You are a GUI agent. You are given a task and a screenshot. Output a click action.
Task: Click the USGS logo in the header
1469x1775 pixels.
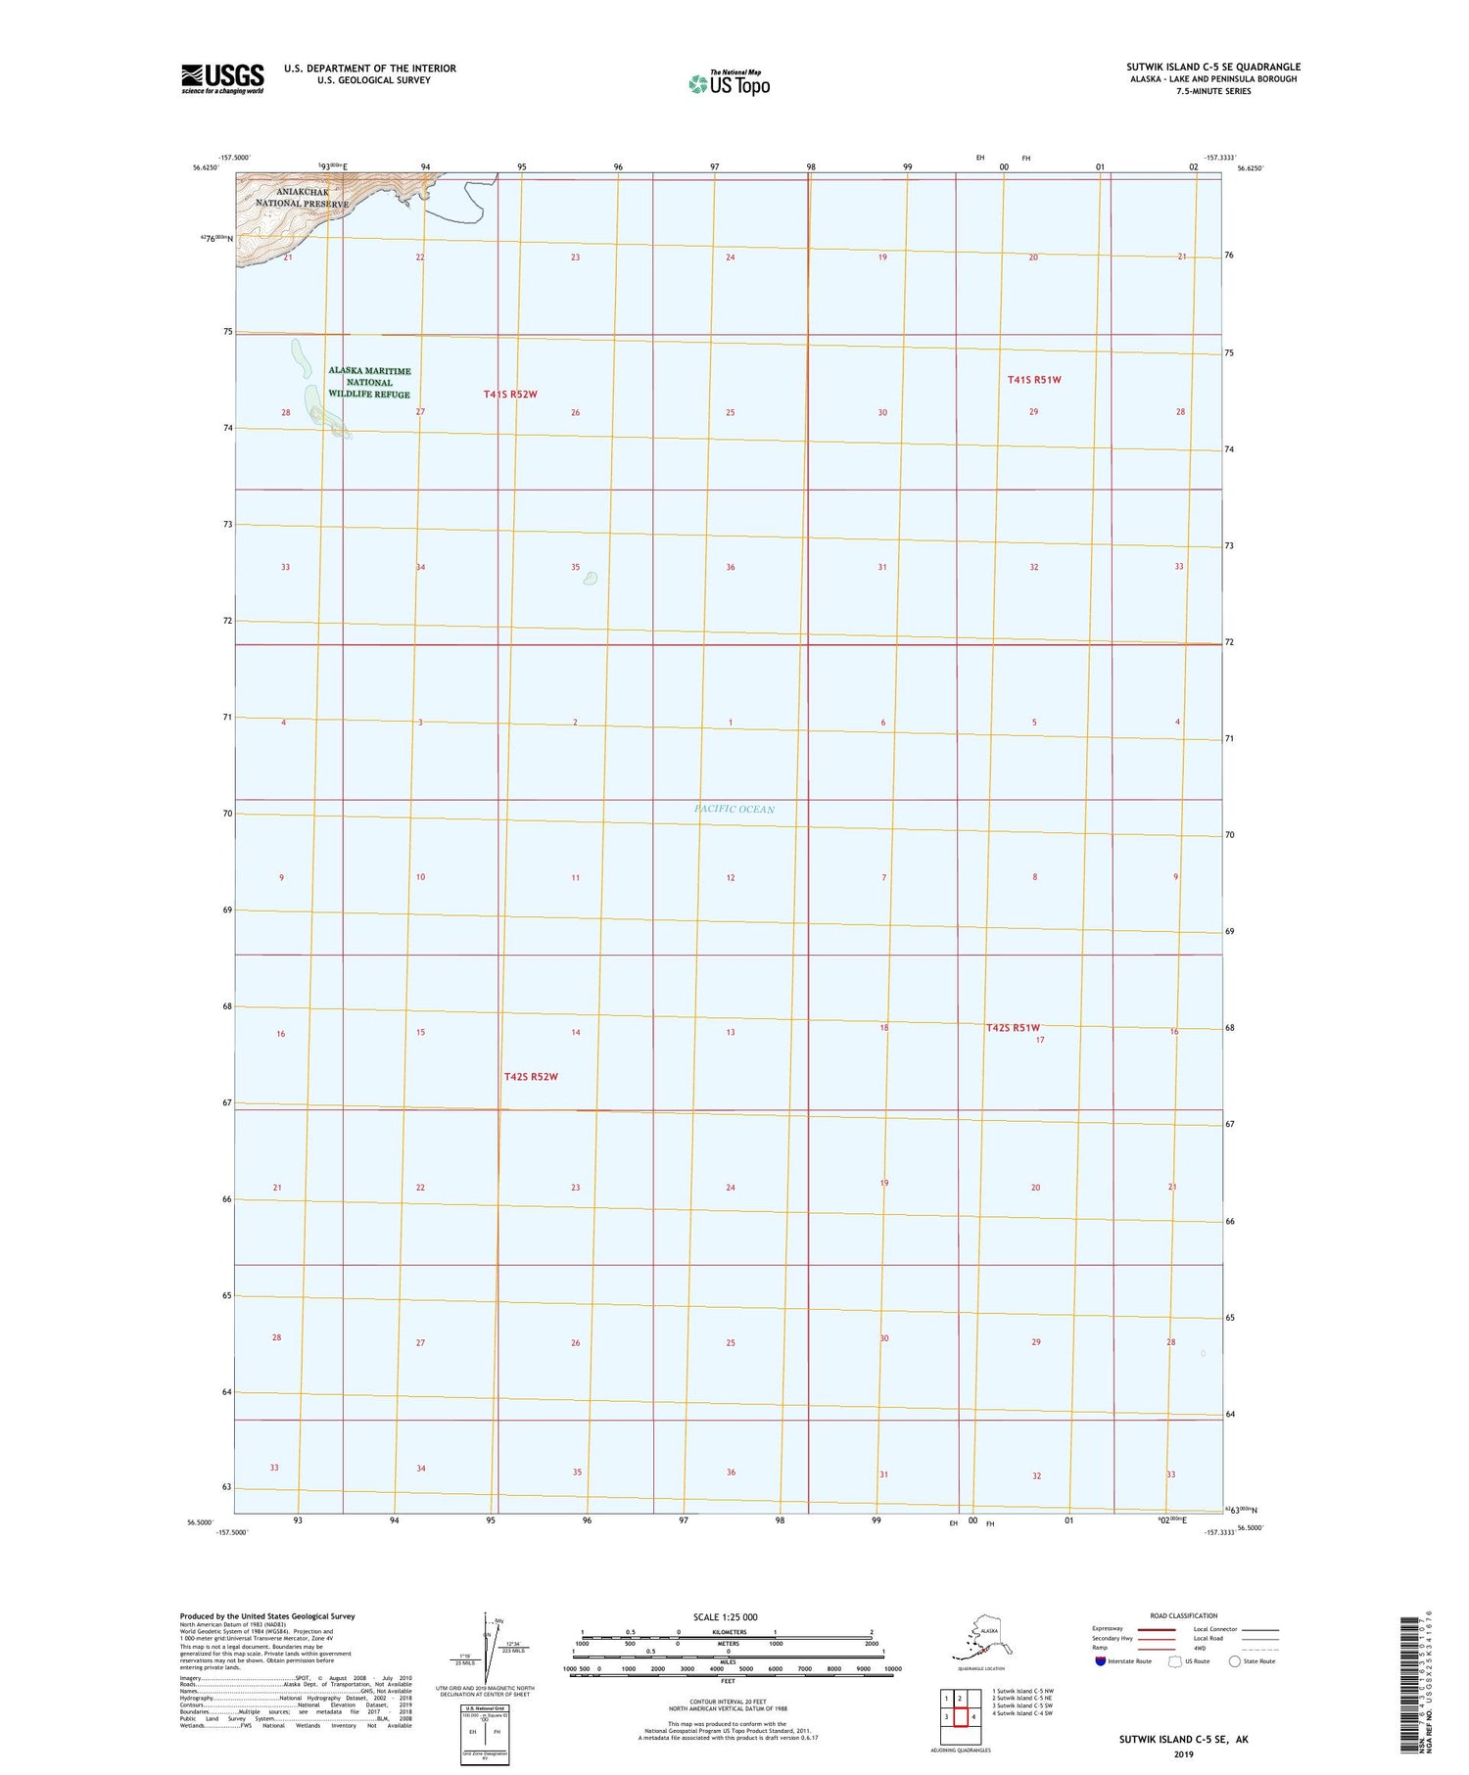point(222,78)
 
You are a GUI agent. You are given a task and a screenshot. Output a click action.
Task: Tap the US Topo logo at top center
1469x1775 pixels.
point(730,83)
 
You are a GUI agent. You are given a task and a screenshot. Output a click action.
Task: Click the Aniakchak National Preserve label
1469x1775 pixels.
point(300,198)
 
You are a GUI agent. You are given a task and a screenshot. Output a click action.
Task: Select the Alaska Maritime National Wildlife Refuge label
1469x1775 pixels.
point(369,382)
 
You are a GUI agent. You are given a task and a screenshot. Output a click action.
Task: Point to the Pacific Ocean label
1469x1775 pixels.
point(734,809)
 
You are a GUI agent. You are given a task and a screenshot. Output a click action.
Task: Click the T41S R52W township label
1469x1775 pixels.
point(510,394)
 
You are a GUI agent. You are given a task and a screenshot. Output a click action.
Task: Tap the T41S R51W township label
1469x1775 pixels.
point(1034,379)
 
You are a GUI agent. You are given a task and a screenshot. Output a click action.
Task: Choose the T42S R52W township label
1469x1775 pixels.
point(531,1077)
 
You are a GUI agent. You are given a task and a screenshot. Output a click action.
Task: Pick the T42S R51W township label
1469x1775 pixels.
point(1013,1027)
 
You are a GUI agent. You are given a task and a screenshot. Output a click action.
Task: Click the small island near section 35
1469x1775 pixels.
point(590,578)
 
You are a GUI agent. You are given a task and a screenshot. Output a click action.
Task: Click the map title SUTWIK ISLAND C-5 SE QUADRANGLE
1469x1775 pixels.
point(1213,67)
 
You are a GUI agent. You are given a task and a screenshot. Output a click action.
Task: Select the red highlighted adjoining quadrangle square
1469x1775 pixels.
point(961,1716)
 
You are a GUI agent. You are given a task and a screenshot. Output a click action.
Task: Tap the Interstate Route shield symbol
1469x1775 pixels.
point(1101,1661)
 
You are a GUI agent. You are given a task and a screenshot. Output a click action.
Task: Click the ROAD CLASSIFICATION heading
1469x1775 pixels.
point(1184,1615)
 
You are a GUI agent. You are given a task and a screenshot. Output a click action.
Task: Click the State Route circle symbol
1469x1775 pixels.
point(1234,1661)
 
